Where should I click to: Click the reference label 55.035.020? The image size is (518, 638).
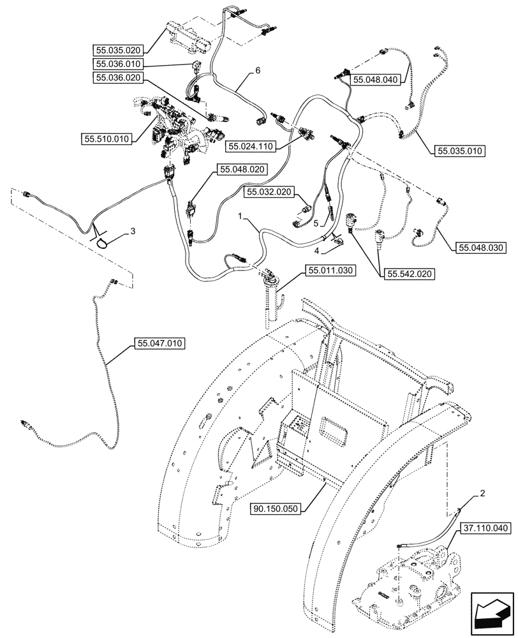118,49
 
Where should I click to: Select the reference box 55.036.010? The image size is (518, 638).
118,64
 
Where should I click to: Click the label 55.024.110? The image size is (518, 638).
250,146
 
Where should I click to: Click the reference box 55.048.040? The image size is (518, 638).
374,80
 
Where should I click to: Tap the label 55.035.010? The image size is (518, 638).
460,151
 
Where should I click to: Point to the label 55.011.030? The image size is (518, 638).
330,271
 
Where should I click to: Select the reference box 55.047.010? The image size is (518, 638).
159,344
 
